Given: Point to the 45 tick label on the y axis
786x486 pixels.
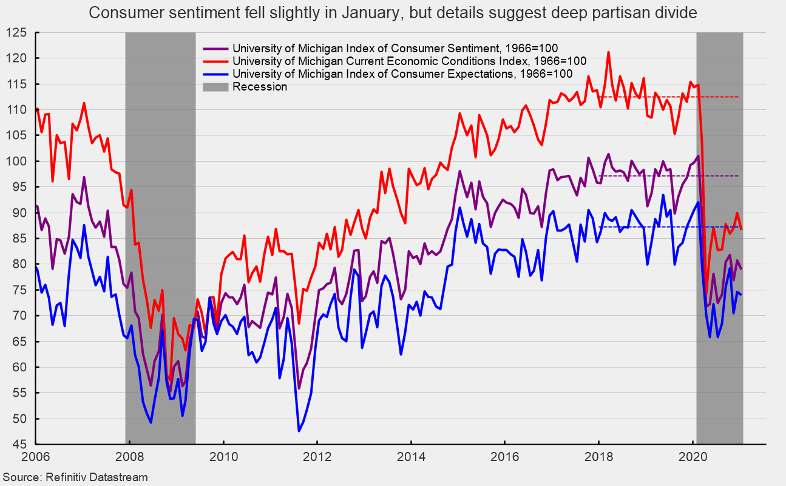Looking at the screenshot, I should pos(19,445).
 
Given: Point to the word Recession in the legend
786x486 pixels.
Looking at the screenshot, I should pos(260,87).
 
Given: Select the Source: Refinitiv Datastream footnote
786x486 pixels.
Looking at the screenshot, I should pos(75,477).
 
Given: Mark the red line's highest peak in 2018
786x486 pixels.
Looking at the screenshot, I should pos(608,52).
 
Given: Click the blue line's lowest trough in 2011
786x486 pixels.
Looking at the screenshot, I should pos(299,431).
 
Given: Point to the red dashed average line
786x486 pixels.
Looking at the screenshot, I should pos(668,97).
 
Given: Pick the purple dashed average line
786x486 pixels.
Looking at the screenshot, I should pos(668,176).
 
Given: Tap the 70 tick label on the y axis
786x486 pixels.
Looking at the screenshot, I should pos(19,316).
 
